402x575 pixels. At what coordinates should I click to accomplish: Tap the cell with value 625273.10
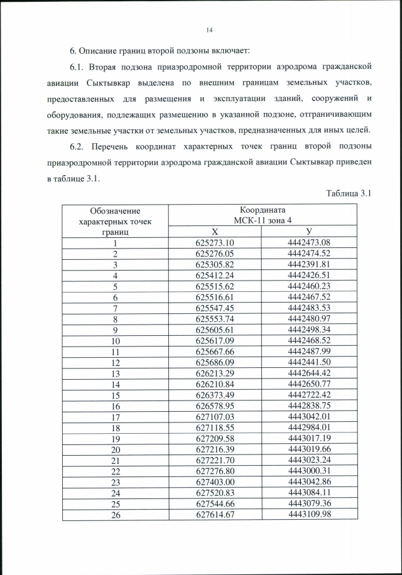click(x=214, y=244)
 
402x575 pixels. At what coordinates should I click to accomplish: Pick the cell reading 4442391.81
click(x=309, y=264)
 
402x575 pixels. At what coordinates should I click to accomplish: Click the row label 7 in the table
click(x=116, y=308)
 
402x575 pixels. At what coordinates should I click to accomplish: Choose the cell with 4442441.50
click(x=309, y=362)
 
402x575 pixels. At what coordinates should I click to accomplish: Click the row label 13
click(x=116, y=372)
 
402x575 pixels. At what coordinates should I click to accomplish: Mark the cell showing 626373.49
click(x=214, y=394)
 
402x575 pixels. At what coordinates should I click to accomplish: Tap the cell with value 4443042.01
click(x=309, y=416)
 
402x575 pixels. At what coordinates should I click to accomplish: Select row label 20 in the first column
click(x=116, y=448)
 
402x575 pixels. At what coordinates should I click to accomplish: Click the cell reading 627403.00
click(x=214, y=481)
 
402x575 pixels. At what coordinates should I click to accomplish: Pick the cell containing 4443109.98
click(x=309, y=514)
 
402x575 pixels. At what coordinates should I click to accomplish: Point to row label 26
click(x=116, y=514)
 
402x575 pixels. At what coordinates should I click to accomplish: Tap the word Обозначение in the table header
click(x=115, y=210)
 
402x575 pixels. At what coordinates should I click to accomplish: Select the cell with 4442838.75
click(x=309, y=405)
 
